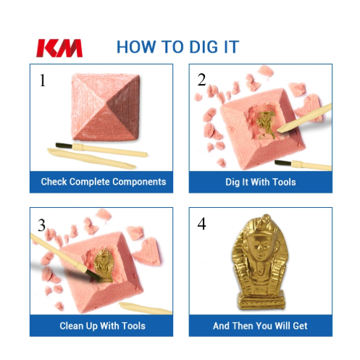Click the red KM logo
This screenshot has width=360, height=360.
[x=59, y=49]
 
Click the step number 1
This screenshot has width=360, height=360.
[x=43, y=80]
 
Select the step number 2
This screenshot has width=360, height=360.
[x=201, y=80]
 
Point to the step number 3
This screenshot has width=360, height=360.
[x=41, y=225]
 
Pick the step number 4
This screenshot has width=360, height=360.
[x=201, y=224]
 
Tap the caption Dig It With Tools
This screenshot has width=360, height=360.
[x=261, y=182]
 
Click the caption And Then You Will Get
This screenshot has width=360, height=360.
[x=260, y=326]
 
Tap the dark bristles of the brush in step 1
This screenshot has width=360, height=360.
[x=64, y=146]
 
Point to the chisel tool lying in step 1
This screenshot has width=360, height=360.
[x=91, y=159]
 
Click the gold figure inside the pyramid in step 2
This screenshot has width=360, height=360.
[x=267, y=125]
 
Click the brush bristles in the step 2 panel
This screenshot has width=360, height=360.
[x=283, y=163]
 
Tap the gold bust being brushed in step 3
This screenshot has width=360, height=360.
[x=104, y=266]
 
